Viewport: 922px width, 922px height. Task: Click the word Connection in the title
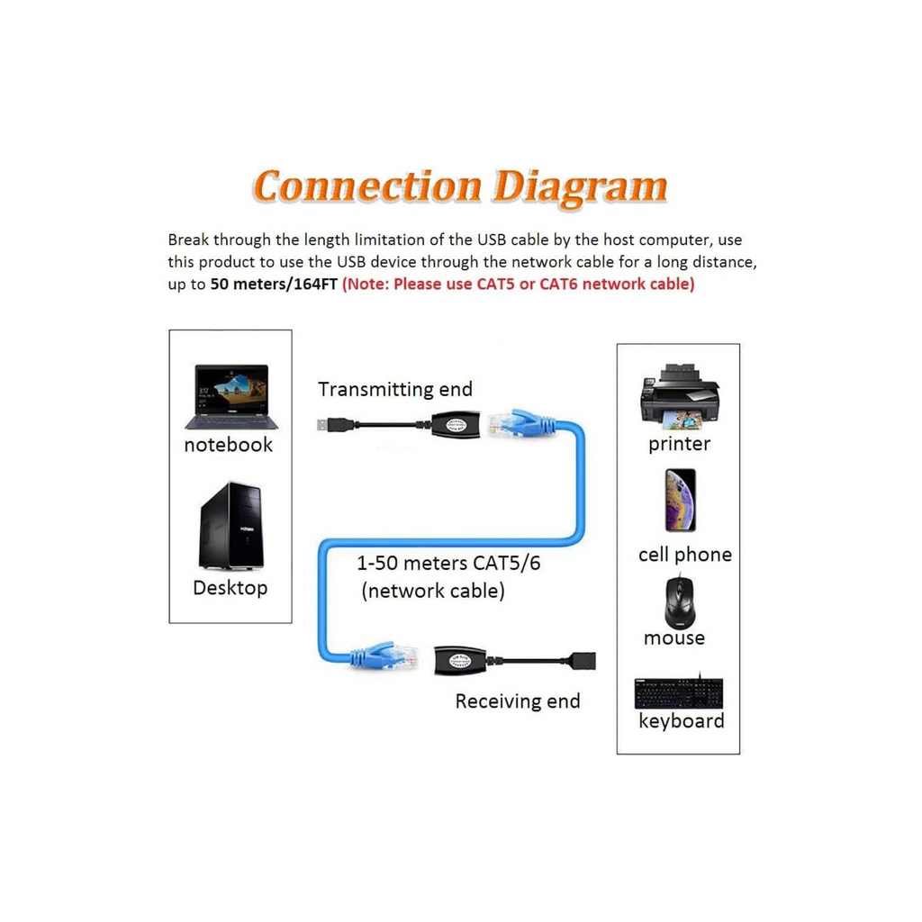coord(367,186)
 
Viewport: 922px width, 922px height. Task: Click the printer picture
coord(679,396)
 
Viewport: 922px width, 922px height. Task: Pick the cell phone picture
coord(680,500)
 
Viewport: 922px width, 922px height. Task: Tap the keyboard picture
coord(680,691)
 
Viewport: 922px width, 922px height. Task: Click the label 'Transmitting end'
coord(395,389)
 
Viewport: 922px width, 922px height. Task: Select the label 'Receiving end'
coord(518,701)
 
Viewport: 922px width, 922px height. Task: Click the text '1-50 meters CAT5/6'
coord(455,565)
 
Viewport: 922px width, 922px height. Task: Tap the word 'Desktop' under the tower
coord(230,588)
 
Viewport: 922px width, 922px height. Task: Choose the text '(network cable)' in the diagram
coord(432,591)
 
